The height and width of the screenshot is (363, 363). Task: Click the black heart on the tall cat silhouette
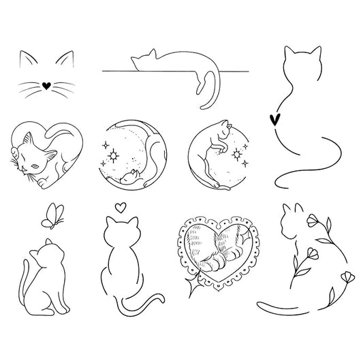click(275, 119)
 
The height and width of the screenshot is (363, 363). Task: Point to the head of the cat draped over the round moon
click(225, 126)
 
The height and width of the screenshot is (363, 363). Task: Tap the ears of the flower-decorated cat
click(291, 208)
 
